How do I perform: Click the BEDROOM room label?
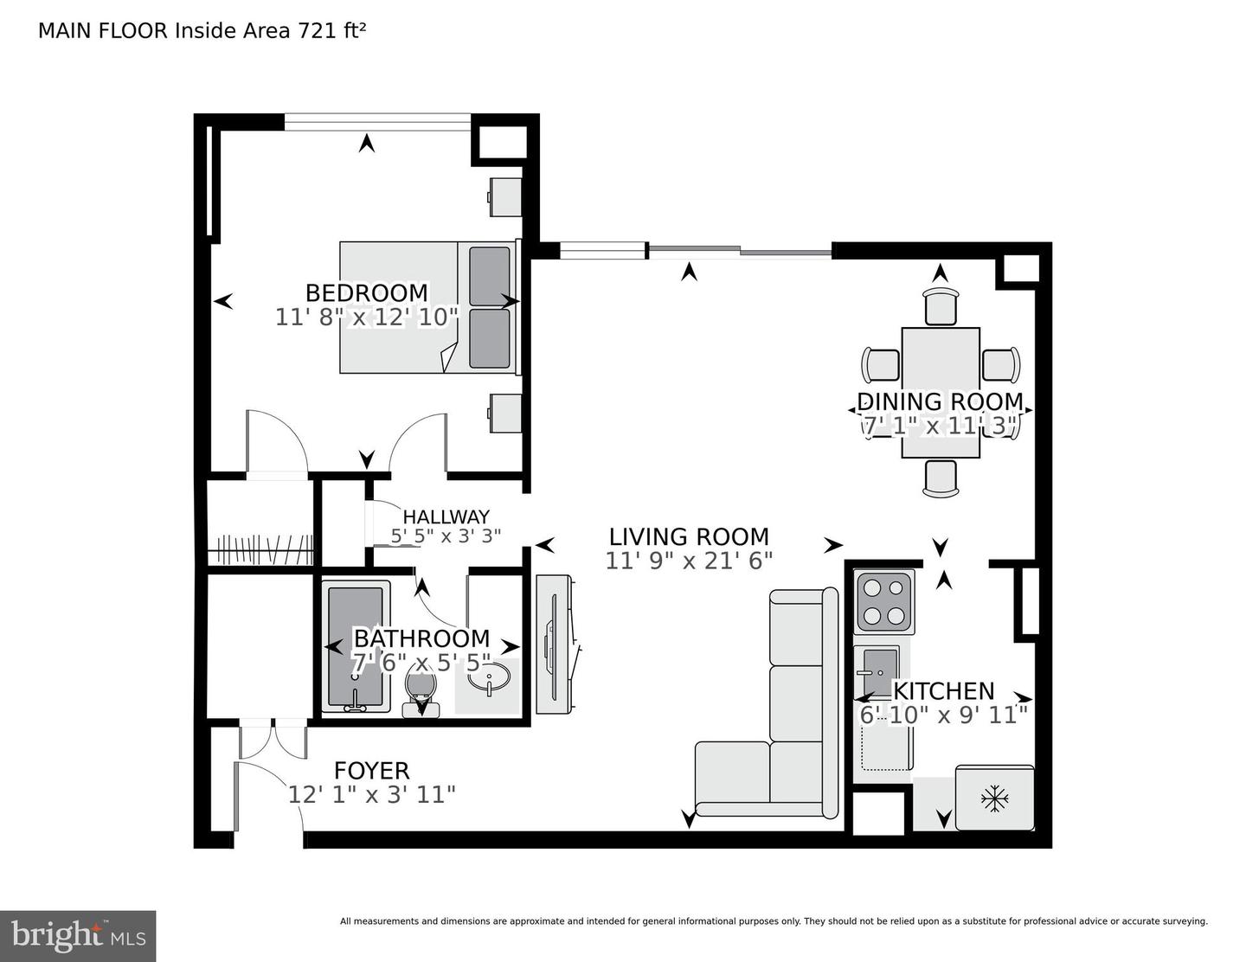point(366,293)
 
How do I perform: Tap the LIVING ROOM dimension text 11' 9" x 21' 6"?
point(689,561)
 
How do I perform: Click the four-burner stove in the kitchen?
point(883,602)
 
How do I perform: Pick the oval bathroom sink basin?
point(489,681)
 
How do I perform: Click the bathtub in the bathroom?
point(356,647)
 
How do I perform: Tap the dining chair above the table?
point(941,306)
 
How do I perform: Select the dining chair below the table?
point(941,478)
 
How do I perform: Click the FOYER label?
point(371,771)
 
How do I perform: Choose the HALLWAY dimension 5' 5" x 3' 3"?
point(446,536)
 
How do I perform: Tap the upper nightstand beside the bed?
point(505,196)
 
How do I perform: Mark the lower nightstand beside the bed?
point(505,413)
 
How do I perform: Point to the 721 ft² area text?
point(331,30)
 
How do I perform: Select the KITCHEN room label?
point(944,691)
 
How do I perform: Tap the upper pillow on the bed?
point(489,276)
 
